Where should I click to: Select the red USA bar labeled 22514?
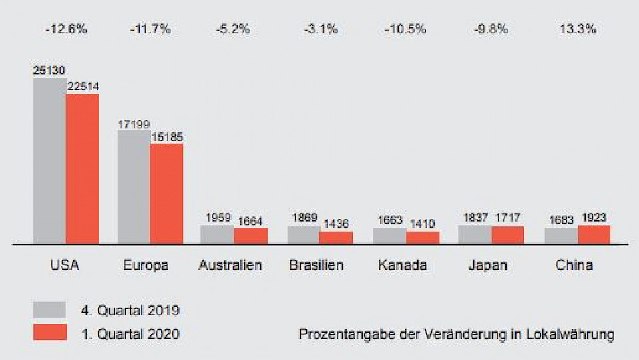[83, 169]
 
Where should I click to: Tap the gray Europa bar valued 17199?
[134, 187]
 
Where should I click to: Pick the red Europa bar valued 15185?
[166, 194]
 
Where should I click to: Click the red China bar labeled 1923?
[594, 235]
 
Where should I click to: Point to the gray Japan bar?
[475, 235]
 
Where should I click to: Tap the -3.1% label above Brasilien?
[321, 29]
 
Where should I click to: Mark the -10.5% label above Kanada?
[406, 29]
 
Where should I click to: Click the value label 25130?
[49, 69]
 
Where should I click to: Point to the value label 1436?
[336, 224]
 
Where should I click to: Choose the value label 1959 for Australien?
[218, 218]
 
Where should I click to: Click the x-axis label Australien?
[230, 265]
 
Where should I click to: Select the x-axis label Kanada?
[402, 265]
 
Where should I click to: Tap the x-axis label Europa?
[146, 265]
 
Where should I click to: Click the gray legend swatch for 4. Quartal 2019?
[50, 310]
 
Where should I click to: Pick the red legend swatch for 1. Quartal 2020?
[50, 332]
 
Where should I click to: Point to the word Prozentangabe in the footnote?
[338, 334]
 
